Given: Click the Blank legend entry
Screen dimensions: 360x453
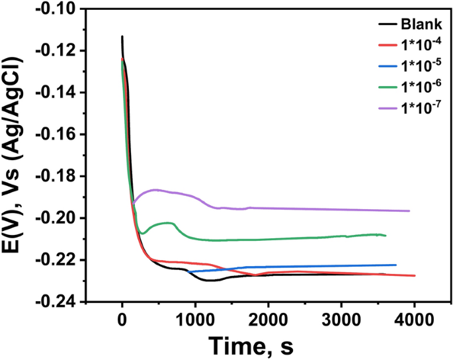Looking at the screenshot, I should (417, 25).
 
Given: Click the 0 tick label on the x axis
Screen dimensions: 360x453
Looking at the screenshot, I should (122, 320).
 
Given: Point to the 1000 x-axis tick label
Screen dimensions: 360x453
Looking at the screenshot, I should (195, 320).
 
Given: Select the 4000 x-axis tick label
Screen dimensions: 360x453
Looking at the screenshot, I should (415, 320).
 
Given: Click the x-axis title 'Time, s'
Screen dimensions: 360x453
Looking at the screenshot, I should (251, 345).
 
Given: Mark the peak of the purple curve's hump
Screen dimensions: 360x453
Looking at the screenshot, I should (155, 189).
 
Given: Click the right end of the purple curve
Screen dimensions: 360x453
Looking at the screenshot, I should (409, 210).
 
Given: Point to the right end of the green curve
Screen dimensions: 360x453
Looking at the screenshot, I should (386, 236).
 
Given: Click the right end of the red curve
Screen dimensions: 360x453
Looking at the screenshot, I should (415, 275).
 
